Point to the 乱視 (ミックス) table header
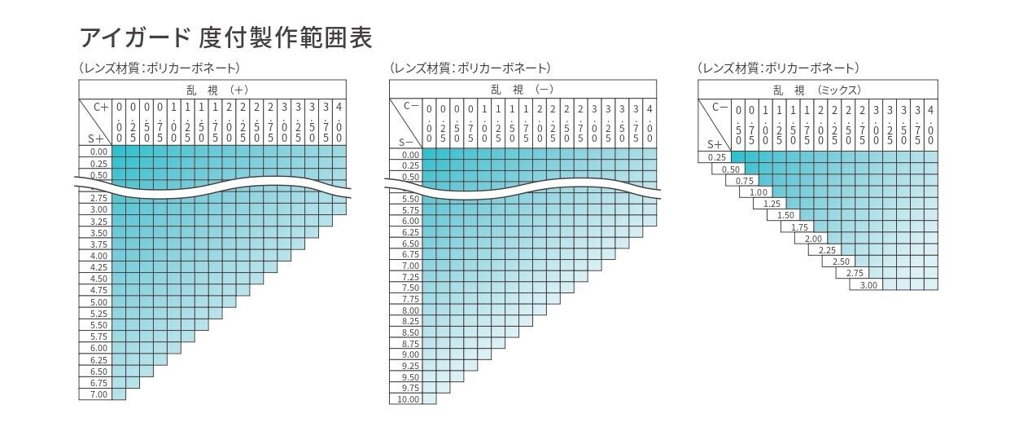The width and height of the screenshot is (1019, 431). point(817,90)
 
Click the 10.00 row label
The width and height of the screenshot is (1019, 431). point(409,399)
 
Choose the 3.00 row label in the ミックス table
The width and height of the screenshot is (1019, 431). point(868,284)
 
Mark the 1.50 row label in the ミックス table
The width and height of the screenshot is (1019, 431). point(785,215)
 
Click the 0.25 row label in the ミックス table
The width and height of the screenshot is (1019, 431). point(716,157)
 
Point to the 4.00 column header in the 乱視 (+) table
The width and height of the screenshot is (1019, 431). point(339,122)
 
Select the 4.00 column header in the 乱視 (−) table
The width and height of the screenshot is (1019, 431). point(649,123)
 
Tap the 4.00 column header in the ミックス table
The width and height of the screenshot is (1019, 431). point(930,123)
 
